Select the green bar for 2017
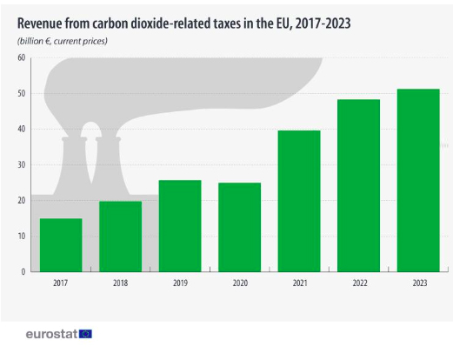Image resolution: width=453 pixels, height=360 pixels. click(x=61, y=244)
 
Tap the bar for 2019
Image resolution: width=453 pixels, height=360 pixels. click(x=179, y=225)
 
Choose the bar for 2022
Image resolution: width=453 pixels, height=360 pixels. click(x=358, y=184)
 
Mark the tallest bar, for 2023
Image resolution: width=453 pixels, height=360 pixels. click(x=418, y=179)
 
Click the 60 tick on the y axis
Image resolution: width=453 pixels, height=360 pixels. click(x=21, y=58)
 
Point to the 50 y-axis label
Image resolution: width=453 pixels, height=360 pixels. click(x=21, y=94)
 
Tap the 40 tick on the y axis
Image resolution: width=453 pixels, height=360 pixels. click(x=21, y=130)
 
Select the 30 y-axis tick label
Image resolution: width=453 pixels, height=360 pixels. click(x=21, y=165)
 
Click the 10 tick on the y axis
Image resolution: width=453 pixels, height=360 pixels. click(x=21, y=236)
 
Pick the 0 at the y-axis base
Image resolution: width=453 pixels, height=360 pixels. click(x=23, y=271)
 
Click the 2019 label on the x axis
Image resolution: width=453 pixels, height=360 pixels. click(x=179, y=283)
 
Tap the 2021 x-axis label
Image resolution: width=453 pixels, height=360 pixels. click(x=299, y=283)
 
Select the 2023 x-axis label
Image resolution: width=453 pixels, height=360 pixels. click(x=418, y=283)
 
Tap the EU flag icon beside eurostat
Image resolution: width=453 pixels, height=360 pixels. click(x=85, y=333)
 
